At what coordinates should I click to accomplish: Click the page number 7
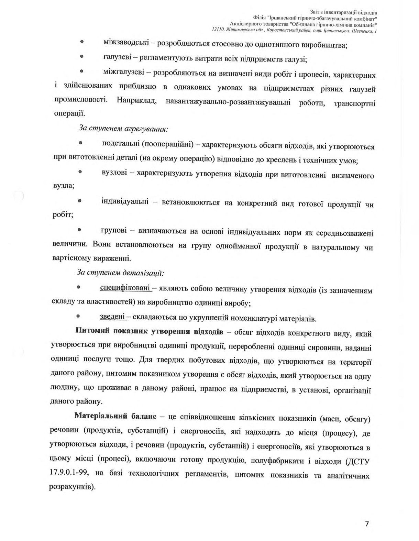click(367, 524)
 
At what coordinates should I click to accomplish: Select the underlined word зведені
click(112, 317)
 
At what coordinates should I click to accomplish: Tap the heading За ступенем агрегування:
click(123, 128)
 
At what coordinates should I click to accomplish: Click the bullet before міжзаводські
click(82, 41)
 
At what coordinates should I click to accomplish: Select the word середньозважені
click(344, 233)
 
